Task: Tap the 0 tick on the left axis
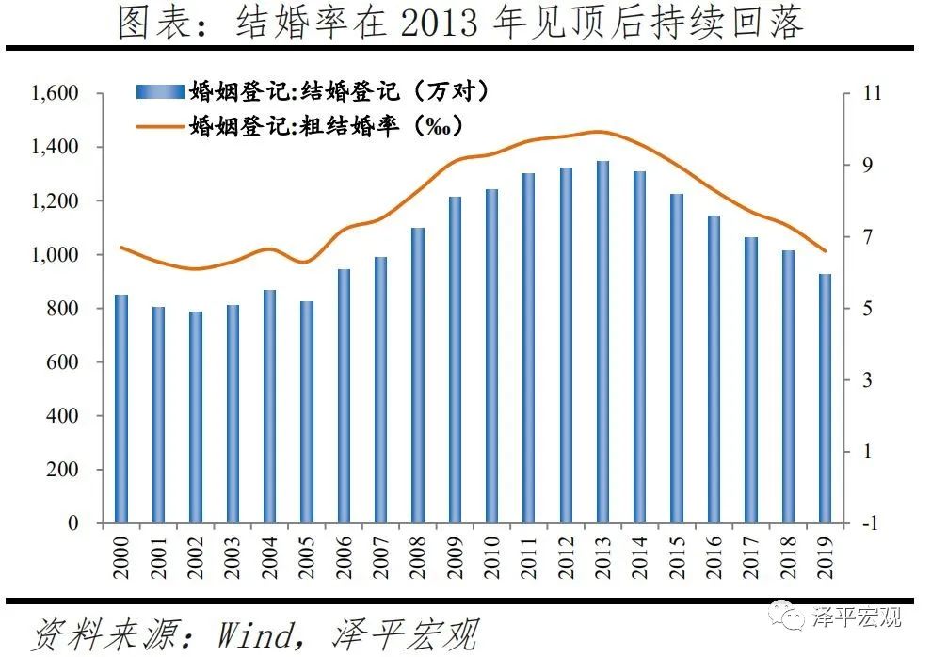(x=79, y=522)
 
